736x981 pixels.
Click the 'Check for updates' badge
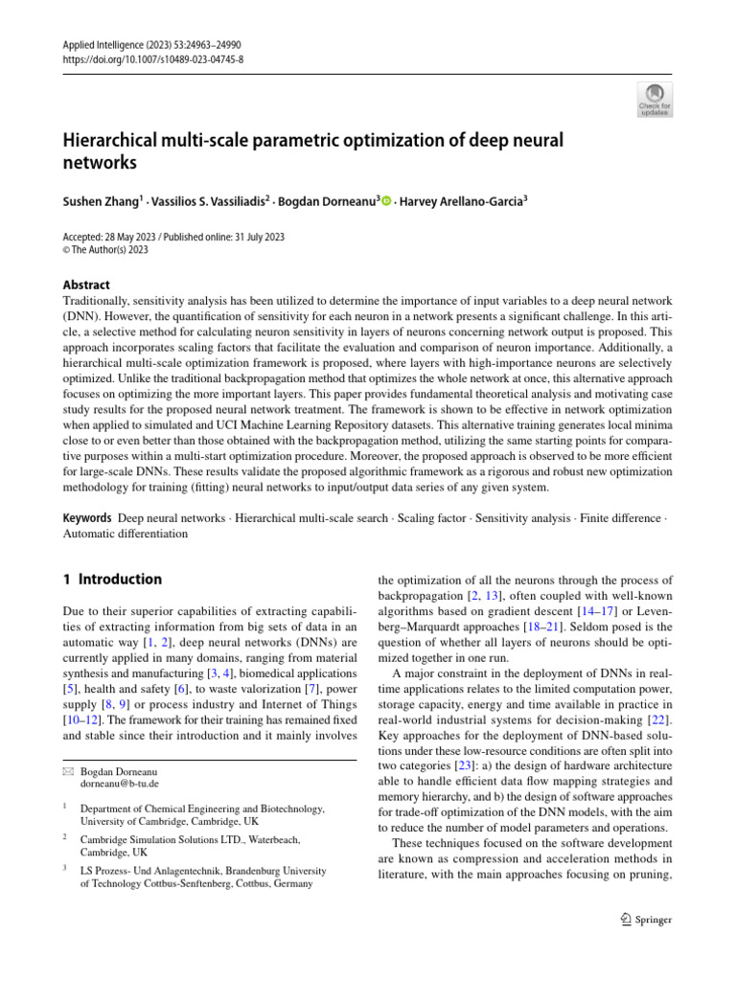point(655,100)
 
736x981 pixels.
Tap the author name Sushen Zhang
point(101,201)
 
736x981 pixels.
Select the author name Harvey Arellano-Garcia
point(471,201)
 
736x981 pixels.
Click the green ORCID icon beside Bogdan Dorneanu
point(387,201)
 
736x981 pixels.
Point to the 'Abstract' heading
point(86,285)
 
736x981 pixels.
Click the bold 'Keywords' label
point(87,518)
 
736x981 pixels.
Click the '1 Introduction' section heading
point(112,580)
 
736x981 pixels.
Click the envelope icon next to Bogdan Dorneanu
point(68,770)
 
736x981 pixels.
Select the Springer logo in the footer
point(641,920)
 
